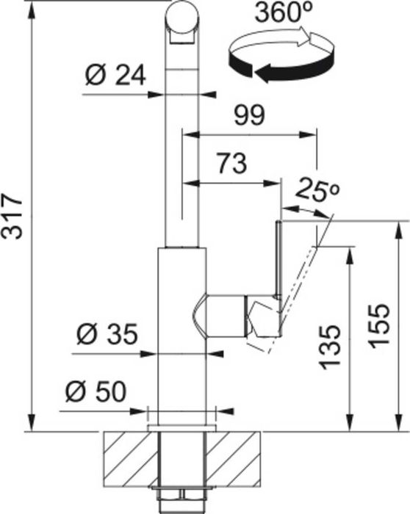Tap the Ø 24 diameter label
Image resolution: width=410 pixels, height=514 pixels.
[115, 76]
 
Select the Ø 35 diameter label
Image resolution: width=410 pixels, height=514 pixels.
[107, 334]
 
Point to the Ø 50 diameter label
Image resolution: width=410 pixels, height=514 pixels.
[96, 391]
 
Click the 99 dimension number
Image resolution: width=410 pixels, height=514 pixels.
[249, 115]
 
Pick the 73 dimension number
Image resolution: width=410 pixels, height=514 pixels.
[232, 163]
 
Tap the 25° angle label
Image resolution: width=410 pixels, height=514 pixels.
[316, 189]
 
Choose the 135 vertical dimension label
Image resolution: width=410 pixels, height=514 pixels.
[330, 347]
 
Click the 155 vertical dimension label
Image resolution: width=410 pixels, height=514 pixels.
[378, 325]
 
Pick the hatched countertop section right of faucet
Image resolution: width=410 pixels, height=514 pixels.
[234, 460]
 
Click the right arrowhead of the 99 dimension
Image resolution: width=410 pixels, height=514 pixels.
[308, 134]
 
